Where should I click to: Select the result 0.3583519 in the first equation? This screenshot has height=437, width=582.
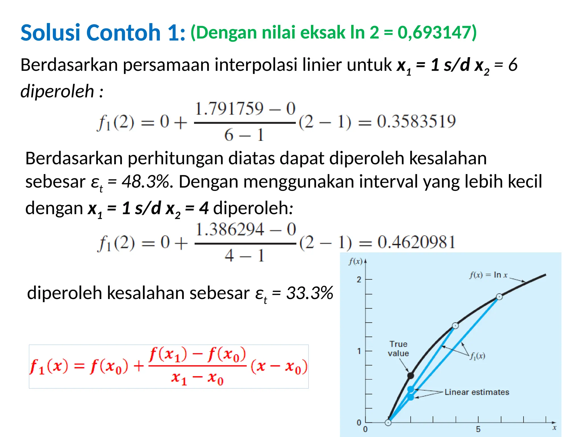416,121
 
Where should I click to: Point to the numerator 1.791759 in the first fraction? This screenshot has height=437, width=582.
229,109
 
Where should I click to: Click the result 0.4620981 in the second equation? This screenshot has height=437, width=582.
416,242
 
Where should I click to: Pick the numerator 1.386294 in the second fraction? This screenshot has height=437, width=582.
230,229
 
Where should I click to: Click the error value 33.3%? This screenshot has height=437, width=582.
309,293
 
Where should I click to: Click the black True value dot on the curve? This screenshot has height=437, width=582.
410,376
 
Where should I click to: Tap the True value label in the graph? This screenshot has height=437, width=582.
398,349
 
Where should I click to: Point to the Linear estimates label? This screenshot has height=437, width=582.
477,392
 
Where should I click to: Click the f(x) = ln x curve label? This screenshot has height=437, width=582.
488,275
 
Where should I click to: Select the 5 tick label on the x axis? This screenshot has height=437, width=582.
478,429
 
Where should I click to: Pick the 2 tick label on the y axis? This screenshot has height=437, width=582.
359,279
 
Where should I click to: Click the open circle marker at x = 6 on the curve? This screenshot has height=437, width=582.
499,297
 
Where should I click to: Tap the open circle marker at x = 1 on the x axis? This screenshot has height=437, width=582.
388,422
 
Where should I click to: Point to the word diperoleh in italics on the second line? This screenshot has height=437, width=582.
57,91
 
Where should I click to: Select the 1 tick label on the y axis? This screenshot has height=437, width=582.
359,351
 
